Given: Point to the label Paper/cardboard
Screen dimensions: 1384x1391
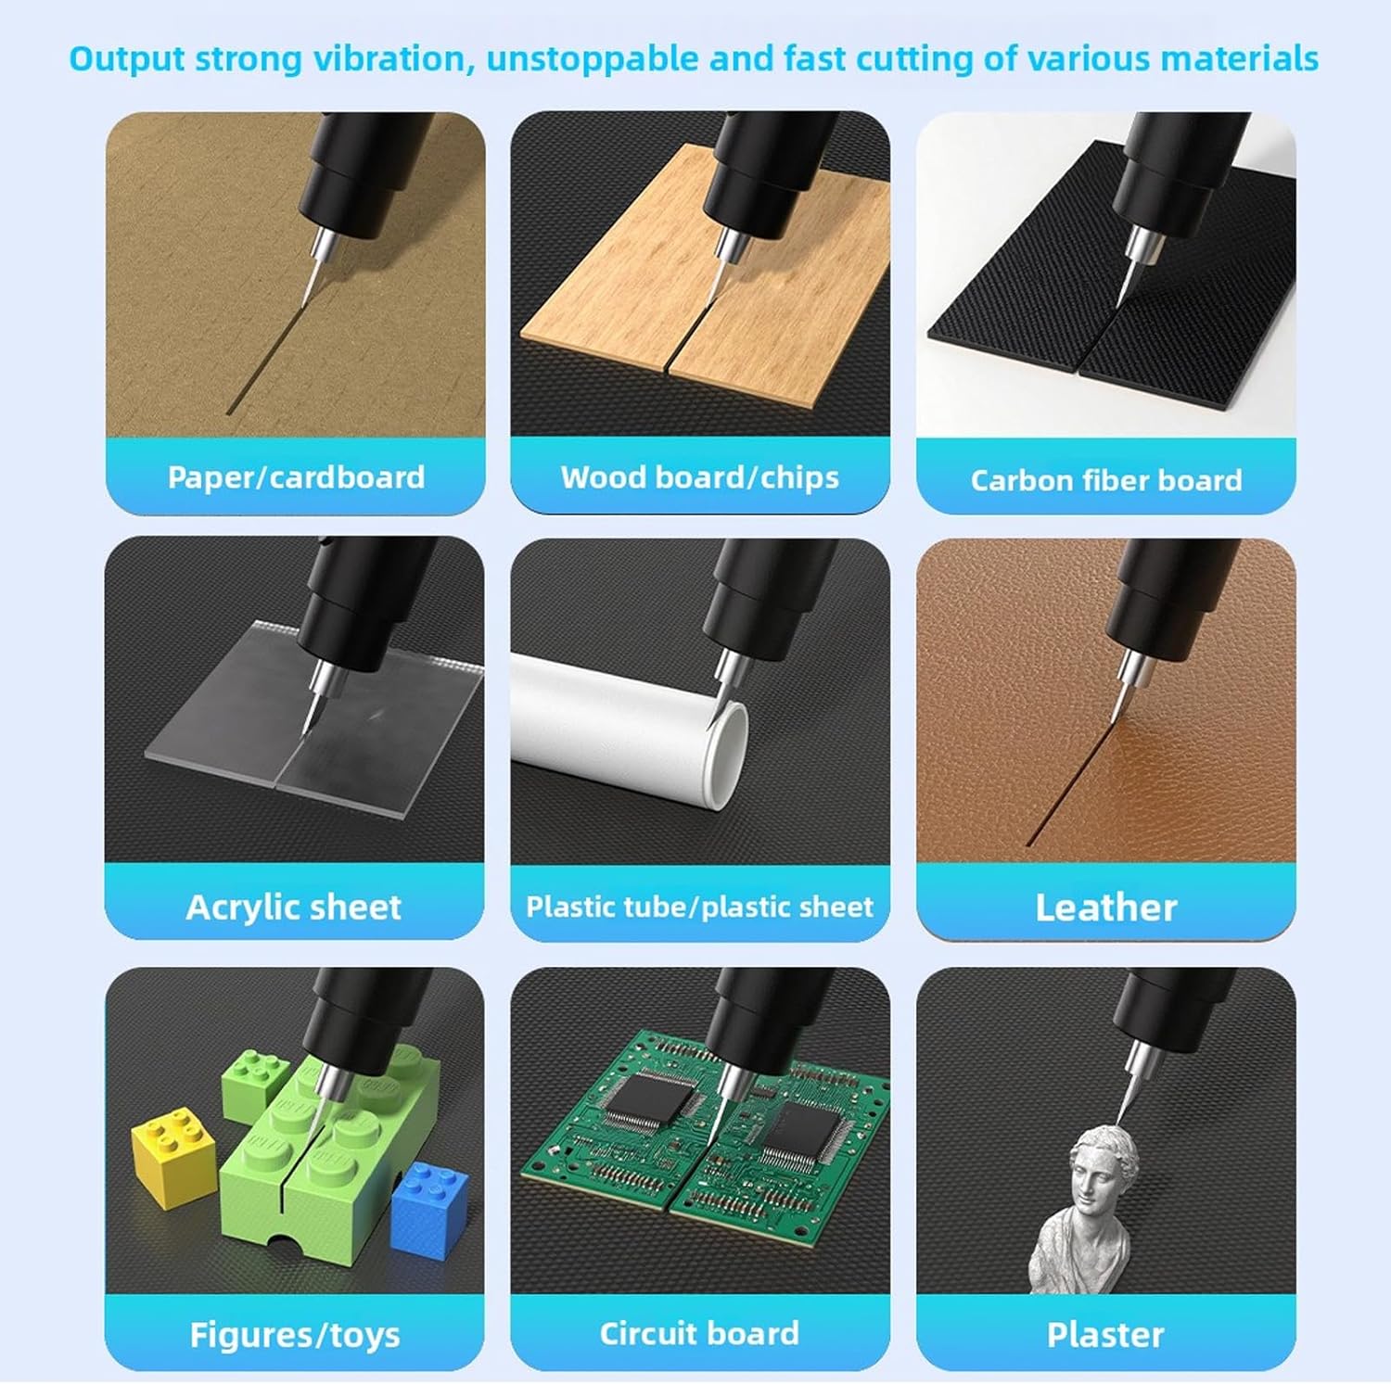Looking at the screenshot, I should (x=296, y=476).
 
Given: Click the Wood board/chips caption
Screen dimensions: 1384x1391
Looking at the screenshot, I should (x=699, y=476).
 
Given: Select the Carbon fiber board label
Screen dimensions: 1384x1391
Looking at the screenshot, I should (x=1105, y=479).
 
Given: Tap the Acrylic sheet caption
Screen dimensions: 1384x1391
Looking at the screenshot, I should (x=294, y=907).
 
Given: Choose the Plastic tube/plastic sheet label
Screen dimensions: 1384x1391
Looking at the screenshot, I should (x=699, y=906).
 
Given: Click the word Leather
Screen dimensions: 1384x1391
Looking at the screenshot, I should (x=1105, y=908).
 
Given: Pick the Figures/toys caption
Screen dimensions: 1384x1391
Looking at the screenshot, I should (x=294, y=1335).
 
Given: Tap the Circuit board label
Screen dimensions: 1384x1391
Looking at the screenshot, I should (x=699, y=1333).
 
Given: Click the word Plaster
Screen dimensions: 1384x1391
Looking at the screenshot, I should (x=1105, y=1335).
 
